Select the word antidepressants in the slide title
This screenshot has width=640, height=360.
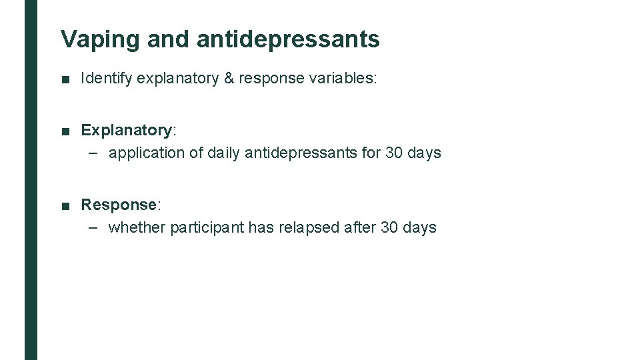tap(288, 40)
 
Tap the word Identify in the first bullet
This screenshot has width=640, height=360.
tap(107, 79)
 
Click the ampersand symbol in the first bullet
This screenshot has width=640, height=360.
tap(229, 79)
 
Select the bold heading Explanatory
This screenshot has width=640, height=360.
tap(126, 130)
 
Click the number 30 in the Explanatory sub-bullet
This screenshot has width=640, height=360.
tap(393, 153)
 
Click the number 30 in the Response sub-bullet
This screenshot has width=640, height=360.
tap(389, 228)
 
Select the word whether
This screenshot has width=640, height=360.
tap(137, 228)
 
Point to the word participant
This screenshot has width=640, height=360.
tap(207, 228)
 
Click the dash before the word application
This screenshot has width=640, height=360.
tap(95, 153)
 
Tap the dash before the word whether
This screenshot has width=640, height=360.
tap(95, 228)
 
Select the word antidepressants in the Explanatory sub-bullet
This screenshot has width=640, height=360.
tap(301, 153)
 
